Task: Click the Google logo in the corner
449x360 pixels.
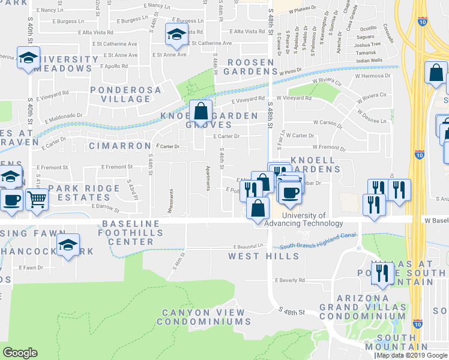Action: pos(20,353)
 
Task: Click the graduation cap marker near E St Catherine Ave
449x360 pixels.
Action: pos(176,35)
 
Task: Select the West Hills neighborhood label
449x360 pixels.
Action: pos(264,256)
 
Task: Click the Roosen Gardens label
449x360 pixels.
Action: pos(249,66)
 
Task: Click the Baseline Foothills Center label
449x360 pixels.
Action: pos(132,233)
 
